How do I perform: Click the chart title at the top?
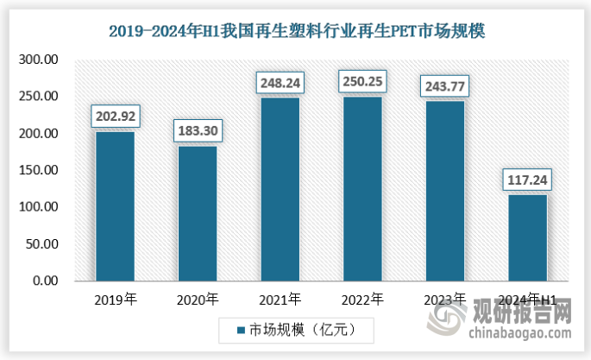click(296, 32)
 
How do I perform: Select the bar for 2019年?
click(115, 206)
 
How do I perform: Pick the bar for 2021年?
click(280, 189)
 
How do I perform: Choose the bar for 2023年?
click(444, 191)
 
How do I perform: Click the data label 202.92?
click(115, 116)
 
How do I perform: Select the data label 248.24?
click(280, 83)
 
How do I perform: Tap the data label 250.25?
click(362, 81)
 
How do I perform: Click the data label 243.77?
click(444, 86)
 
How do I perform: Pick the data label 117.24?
click(527, 180)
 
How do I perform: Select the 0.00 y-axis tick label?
click(45, 281)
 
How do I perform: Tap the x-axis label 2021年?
click(280, 300)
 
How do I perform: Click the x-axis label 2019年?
click(115, 300)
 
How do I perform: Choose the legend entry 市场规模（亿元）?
click(294, 329)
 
